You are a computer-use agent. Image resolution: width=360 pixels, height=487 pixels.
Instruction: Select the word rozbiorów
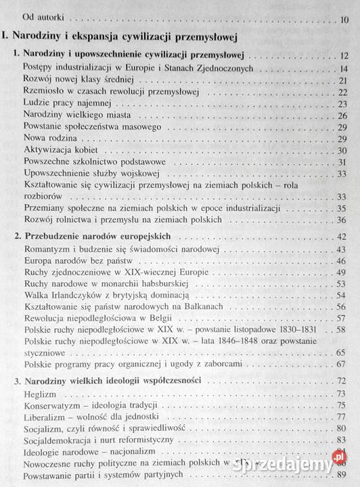(x=41, y=196)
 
